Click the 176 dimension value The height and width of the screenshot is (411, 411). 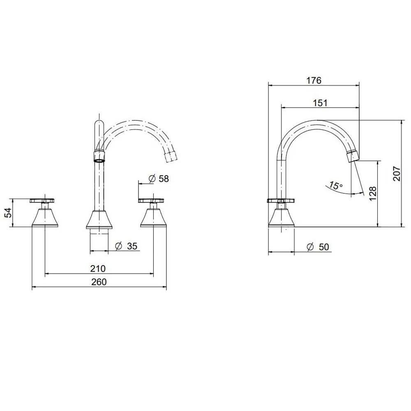[x=314, y=80]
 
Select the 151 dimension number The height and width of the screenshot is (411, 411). [x=320, y=103]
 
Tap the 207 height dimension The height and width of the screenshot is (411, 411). [x=397, y=173]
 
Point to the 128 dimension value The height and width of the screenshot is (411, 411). [x=372, y=193]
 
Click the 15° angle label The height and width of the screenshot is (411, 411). [x=336, y=185]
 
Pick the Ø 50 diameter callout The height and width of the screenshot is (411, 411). [x=317, y=247]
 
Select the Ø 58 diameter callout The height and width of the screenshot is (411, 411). [x=159, y=178]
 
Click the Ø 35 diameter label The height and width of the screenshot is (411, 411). [x=126, y=246]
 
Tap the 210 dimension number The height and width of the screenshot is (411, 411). [x=98, y=268]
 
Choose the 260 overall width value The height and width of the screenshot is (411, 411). [x=99, y=282]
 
